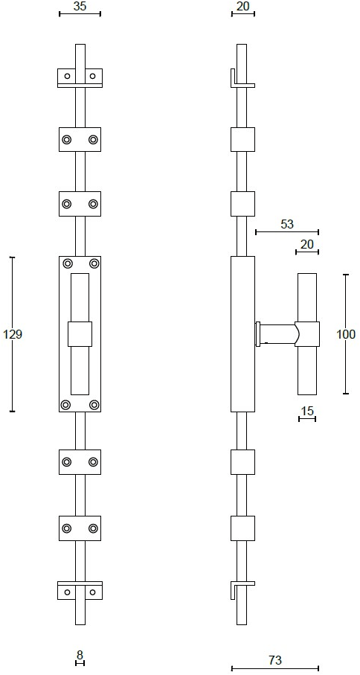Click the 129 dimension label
pyautogui.click(x=13, y=334)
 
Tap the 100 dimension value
pyautogui.click(x=346, y=334)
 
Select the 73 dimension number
pyautogui.click(x=275, y=660)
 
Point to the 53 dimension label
pyautogui.click(x=287, y=224)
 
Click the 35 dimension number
pyautogui.click(x=80, y=6)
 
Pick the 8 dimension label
pyautogui.click(x=80, y=655)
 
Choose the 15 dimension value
pyautogui.click(x=307, y=411)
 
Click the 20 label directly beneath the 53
pyautogui.click(x=307, y=245)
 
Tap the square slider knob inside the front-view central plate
pyautogui.click(x=80, y=333)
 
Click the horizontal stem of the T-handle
pyautogui.click(x=276, y=334)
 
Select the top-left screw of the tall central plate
pyautogui.click(x=68, y=263)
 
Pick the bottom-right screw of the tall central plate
pyautogui.click(x=94, y=405)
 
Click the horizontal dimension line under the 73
pyautogui.click(x=275, y=668)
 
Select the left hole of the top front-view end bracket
pyautogui.click(x=67, y=76)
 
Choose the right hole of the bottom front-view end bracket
pyautogui.click(x=92, y=592)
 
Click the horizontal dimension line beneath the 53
pyautogui.click(x=287, y=232)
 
